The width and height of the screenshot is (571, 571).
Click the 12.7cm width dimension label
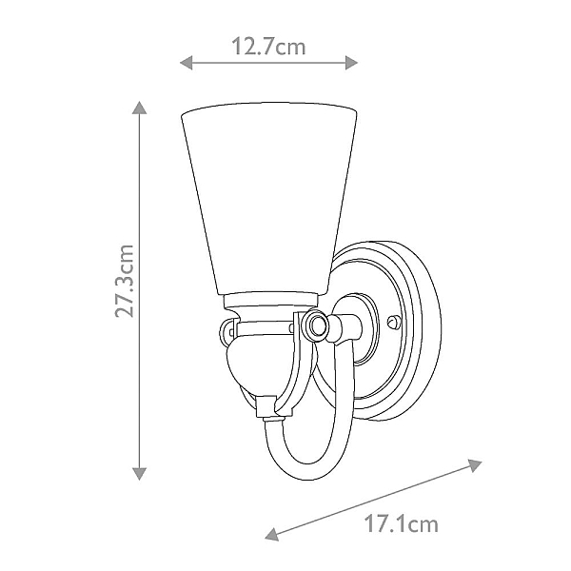pos(268,47)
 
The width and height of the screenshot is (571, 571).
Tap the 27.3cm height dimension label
pos(125,281)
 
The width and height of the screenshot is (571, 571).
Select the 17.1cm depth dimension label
pos(402,524)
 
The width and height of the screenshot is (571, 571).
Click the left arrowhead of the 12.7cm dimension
pos(187,63)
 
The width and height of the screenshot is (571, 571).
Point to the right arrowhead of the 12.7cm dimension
pos(351,63)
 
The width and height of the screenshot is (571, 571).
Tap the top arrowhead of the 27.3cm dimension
pos(139,108)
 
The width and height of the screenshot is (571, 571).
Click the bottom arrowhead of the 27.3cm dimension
pos(139,474)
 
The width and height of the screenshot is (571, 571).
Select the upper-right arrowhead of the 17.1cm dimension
pos(475,465)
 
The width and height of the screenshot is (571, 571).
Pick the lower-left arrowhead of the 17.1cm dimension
pos(271,534)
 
